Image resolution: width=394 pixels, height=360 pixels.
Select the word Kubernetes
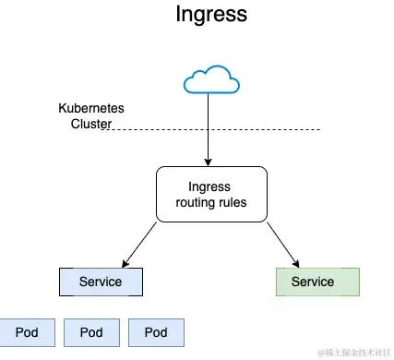point(91,109)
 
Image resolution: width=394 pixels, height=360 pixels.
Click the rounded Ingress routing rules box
point(211,195)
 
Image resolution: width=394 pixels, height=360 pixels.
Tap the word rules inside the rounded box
point(235,202)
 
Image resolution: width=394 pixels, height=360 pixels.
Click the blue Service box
point(101,281)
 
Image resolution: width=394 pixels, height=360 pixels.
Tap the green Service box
point(313,281)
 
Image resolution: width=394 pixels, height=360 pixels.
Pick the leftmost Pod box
point(27,332)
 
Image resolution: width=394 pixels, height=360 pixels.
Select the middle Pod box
point(91,332)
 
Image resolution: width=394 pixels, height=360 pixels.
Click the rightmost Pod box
point(156,332)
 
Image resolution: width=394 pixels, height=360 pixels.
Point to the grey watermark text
point(353,352)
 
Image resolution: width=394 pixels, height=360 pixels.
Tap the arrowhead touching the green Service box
point(295,263)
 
